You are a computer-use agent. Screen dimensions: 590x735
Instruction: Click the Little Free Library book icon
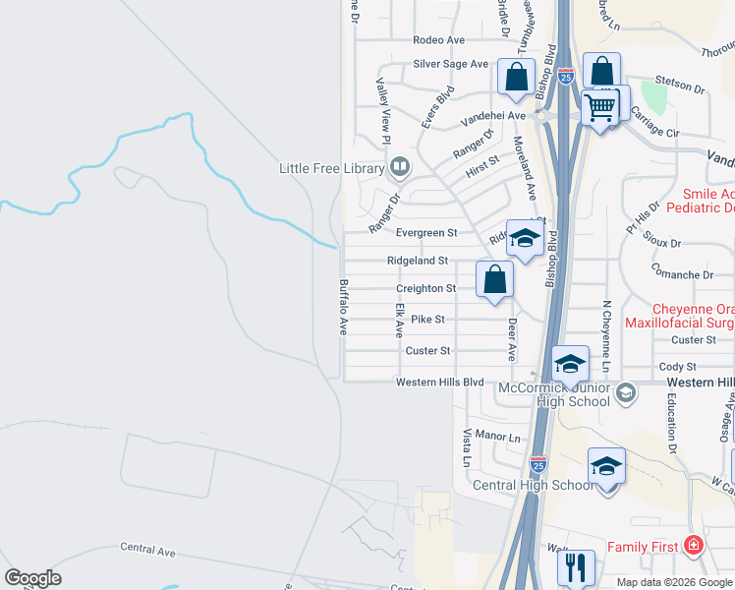coord(399,168)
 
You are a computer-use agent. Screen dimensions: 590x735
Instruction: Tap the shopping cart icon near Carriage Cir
coord(598,106)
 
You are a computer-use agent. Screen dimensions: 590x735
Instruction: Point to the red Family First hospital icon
coord(694,545)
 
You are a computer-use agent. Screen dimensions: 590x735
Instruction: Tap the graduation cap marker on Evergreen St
coord(525,239)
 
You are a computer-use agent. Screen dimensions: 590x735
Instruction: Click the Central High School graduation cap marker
coord(606,465)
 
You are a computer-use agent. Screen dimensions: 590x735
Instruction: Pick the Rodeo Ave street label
coord(438,40)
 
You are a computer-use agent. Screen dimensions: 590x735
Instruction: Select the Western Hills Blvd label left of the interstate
coord(440,382)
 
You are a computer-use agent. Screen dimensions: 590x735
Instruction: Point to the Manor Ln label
coord(496,435)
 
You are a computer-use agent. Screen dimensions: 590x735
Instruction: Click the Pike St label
coord(427,320)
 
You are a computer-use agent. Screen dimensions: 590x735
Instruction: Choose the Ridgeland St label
coord(418,261)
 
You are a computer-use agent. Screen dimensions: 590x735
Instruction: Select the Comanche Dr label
coord(681,276)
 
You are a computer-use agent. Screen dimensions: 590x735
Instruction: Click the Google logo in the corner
coord(33,578)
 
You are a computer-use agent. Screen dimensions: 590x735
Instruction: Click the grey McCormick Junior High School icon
coord(627,393)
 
